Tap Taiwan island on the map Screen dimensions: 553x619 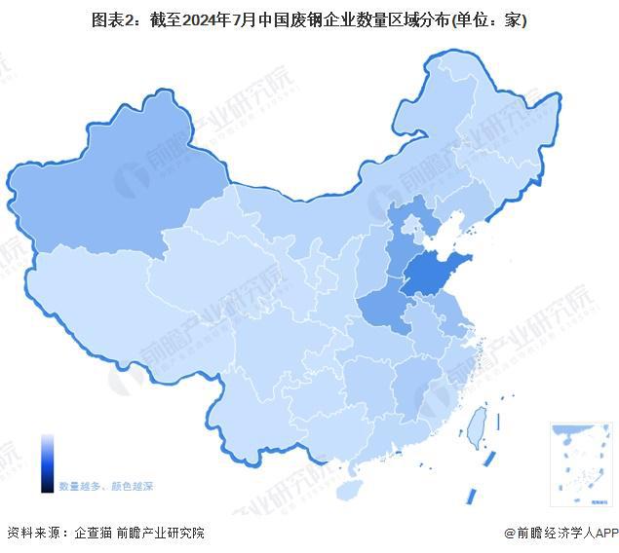tap(476, 425)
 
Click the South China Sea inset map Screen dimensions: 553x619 tap(580, 462)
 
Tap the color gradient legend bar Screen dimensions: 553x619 tap(47, 463)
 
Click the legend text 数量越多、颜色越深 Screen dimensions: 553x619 tap(105, 485)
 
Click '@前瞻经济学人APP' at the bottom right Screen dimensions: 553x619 tap(561, 533)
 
